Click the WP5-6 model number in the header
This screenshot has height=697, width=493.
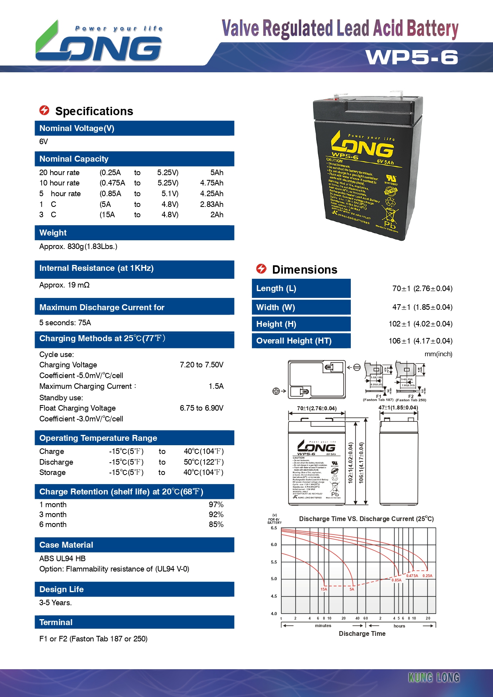click(412, 57)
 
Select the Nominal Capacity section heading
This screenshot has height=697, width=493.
click(74, 159)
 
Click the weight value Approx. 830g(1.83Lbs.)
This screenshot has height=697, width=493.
click(78, 246)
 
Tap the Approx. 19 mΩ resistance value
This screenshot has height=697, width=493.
click(64, 285)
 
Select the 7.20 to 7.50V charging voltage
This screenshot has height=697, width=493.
click(201, 365)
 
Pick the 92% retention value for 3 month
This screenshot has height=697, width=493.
click(216, 514)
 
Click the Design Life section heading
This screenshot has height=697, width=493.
click(62, 589)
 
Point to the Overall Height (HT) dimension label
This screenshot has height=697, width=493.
click(294, 341)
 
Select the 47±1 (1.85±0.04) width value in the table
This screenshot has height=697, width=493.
click(422, 307)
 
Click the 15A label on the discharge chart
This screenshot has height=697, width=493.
click(324, 589)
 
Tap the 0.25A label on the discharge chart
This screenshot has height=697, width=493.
click(427, 575)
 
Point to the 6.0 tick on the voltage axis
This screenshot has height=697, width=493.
click(274, 544)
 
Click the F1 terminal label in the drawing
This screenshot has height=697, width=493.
click(379, 396)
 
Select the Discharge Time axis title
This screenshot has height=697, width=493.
click(362, 633)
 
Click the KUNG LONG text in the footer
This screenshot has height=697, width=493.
click(434, 678)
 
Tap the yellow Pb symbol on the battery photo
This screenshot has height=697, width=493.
click(390, 225)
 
